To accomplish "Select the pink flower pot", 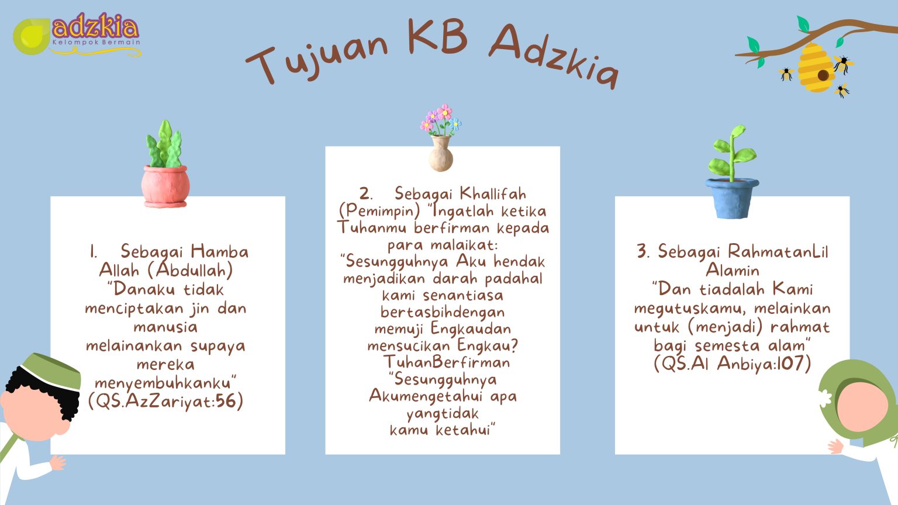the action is click(165, 186).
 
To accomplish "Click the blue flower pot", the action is click(732, 198).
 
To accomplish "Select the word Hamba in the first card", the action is click(220, 252).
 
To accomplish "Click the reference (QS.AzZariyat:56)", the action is click(165, 402).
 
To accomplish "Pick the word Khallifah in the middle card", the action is click(493, 194).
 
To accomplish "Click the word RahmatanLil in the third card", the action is click(778, 252).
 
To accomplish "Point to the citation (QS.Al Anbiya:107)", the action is click(733, 364).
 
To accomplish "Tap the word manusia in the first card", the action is click(165, 327).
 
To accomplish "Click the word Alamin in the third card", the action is click(733, 270).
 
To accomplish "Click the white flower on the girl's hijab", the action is click(824, 399).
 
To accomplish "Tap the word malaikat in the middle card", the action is click(464, 244).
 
